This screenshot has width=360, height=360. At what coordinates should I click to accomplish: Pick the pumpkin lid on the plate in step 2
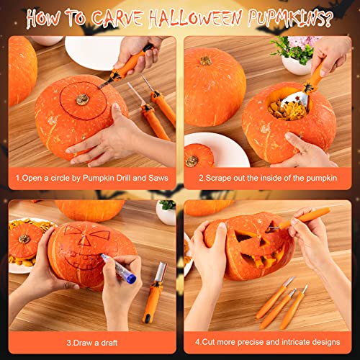click(193, 158)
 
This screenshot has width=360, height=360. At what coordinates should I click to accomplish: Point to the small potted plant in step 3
click(166, 210)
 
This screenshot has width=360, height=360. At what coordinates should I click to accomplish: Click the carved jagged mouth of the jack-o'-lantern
click(264, 260)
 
